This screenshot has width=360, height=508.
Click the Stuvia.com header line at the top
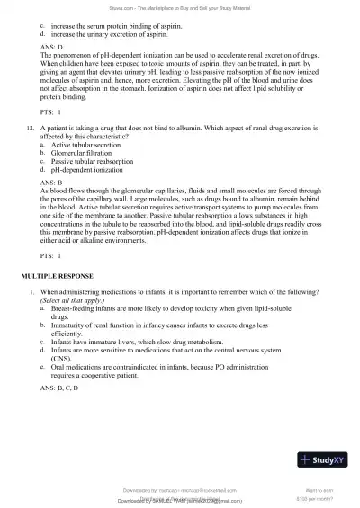(180, 9)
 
